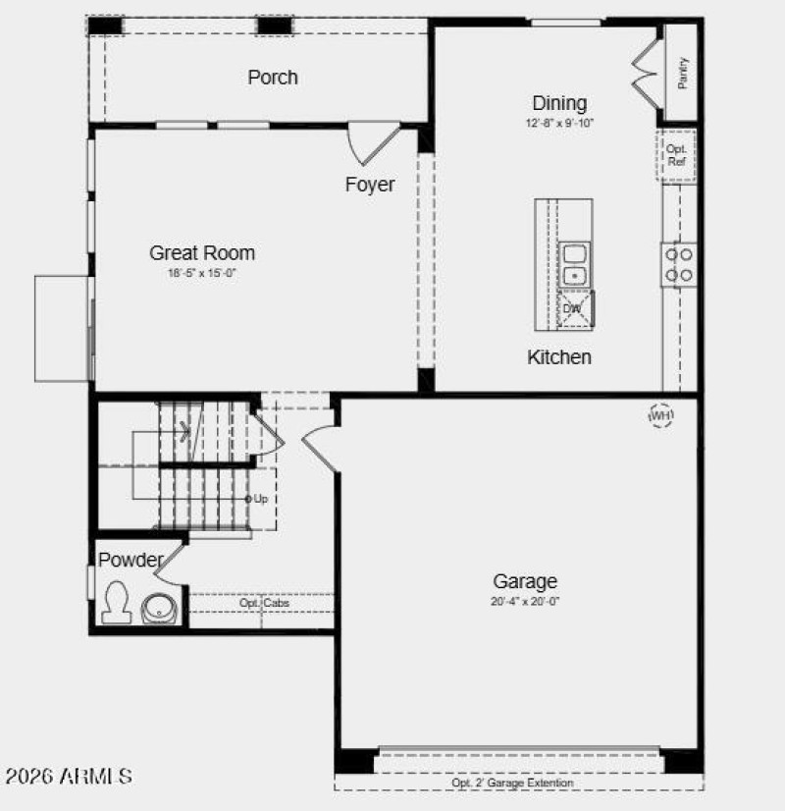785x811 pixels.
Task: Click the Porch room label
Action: [x=273, y=78]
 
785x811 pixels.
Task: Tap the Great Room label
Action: [x=202, y=253]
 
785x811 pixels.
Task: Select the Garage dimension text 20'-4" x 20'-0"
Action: [x=525, y=601]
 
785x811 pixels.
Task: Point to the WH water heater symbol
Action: [x=661, y=415]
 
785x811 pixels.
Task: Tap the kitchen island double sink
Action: [x=575, y=265]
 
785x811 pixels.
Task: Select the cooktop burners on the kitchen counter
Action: [x=678, y=263]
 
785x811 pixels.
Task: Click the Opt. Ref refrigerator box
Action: [x=676, y=155]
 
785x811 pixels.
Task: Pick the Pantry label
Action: [x=683, y=72]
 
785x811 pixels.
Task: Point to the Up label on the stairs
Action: [x=258, y=499]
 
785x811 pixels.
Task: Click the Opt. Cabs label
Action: [x=264, y=603]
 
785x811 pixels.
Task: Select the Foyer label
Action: [x=370, y=185]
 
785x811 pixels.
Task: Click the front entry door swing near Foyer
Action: [x=374, y=142]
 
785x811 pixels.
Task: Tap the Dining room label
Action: [x=559, y=103]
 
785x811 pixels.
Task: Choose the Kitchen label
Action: [x=559, y=356]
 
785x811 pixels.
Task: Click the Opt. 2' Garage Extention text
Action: [x=512, y=784]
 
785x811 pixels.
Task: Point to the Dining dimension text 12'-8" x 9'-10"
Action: [x=559, y=124]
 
